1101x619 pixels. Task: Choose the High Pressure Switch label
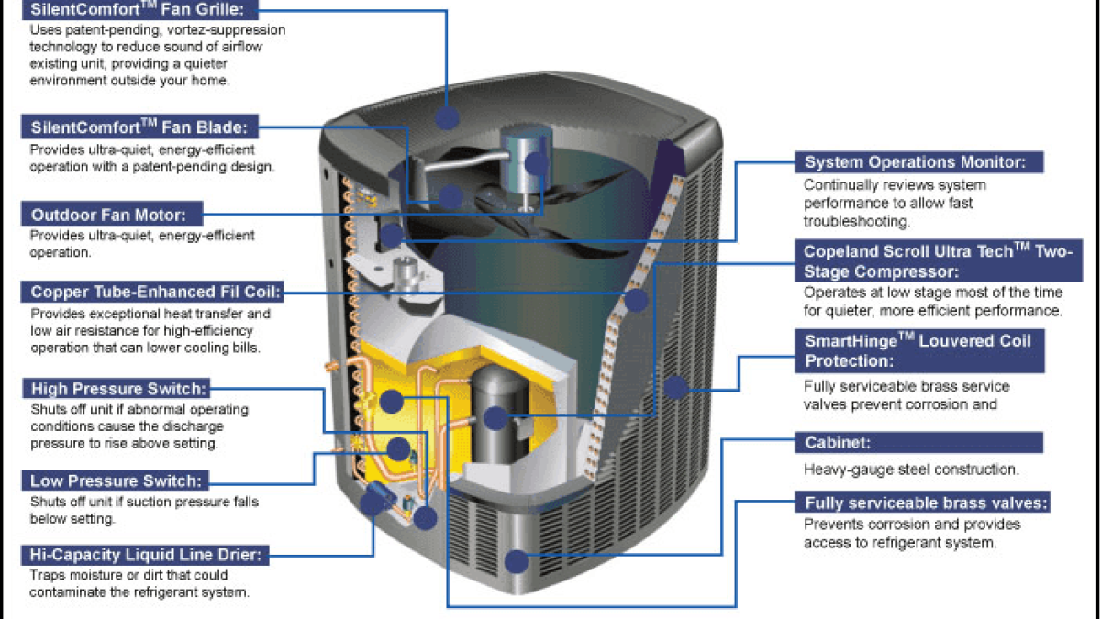(119, 389)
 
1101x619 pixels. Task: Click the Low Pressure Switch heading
(116, 480)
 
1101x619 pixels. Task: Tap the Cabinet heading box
(918, 443)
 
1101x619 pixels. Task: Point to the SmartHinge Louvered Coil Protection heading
(917, 351)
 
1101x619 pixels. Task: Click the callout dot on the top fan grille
(447, 116)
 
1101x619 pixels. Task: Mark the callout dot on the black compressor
(495, 419)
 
